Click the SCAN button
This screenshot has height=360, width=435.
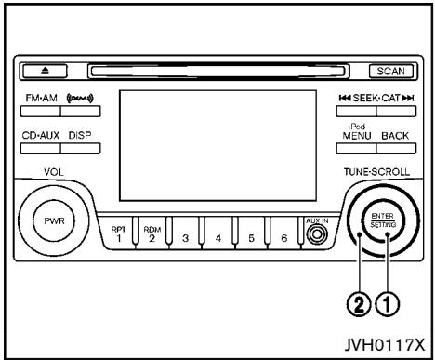pos(390,71)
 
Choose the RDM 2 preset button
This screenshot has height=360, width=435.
pos(152,236)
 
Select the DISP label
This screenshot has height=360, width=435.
pos(79,134)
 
